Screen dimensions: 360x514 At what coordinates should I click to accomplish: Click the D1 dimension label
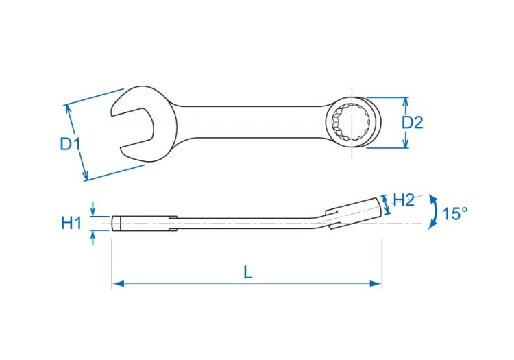tap(70, 144)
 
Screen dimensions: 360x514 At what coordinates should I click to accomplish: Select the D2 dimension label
tap(412, 123)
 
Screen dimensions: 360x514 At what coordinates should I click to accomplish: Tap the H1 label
tap(71, 223)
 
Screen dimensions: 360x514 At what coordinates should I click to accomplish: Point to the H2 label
tap(404, 200)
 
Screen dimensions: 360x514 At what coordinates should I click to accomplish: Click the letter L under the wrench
tap(247, 272)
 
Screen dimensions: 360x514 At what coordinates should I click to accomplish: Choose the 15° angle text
tap(454, 214)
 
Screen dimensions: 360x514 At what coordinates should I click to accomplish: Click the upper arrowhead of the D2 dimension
tap(406, 102)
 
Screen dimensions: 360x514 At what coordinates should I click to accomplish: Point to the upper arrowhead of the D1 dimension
tap(68, 108)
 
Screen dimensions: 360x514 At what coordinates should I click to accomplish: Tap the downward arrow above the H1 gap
tap(94, 212)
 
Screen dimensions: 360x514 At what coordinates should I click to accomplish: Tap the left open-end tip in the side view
tap(117, 223)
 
